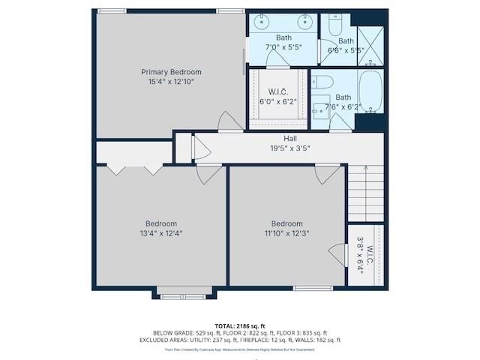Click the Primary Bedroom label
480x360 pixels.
[x=171, y=72]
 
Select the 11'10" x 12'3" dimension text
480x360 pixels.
[x=286, y=233]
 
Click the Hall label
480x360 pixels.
[x=289, y=139]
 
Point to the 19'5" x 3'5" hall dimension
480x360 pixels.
[x=289, y=148]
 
